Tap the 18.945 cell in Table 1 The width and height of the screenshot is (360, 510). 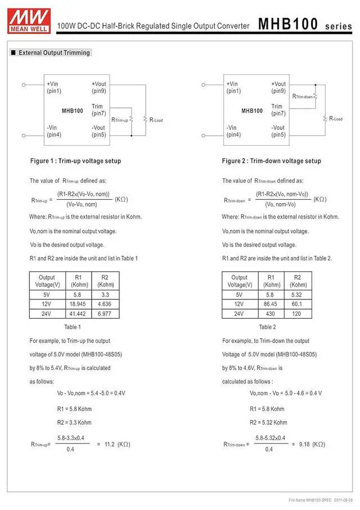tap(78, 304)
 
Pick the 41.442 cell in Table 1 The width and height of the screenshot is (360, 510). tap(78, 314)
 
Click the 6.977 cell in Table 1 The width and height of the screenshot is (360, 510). tap(105, 314)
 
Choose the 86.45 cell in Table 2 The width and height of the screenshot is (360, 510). tap(271, 304)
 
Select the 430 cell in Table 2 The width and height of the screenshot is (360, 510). tap(271, 314)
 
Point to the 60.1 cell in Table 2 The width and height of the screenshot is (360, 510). tap(298, 304)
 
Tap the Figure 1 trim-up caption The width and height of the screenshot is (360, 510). tap(75, 161)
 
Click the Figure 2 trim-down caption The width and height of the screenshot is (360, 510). tap(272, 161)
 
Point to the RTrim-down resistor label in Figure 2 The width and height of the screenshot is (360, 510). tap(302, 97)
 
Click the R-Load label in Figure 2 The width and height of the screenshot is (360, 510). tap(336, 119)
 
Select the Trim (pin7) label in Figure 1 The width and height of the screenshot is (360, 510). tap(98, 110)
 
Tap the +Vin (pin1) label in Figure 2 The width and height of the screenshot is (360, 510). tap(233, 87)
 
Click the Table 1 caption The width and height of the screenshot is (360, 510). tap(72, 327)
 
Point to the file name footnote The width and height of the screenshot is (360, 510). tap(321, 500)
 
